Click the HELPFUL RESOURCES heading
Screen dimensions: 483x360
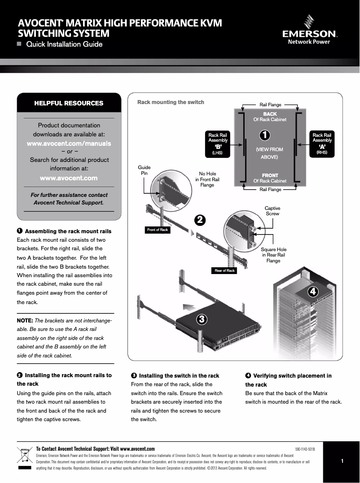[69, 103]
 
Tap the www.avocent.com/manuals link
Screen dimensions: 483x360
[69, 144]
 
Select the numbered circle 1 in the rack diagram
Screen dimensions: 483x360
[265, 135]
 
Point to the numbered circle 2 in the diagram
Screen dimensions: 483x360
[200, 220]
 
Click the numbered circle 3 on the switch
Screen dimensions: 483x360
[202, 319]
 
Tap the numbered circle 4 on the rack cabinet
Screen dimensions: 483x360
[313, 292]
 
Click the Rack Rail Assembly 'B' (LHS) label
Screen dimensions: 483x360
[218, 144]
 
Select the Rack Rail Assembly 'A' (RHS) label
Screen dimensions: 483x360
[322, 144]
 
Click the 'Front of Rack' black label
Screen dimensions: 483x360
[157, 230]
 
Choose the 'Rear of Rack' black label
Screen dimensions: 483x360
[224, 270]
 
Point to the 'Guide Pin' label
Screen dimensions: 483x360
[144, 170]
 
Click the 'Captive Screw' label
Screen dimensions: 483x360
[272, 211]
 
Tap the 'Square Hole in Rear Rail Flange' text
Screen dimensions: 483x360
[273, 255]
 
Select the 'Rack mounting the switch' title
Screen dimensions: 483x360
[171, 102]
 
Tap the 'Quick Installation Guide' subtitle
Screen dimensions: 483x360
[64, 44]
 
